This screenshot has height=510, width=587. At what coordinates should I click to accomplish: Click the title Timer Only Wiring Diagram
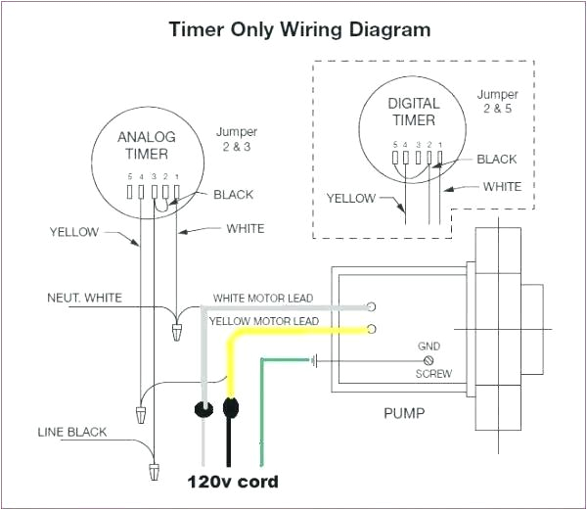(x=299, y=28)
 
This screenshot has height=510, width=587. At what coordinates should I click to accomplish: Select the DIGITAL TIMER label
(x=413, y=111)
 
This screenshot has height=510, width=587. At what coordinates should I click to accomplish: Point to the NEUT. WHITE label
(x=85, y=297)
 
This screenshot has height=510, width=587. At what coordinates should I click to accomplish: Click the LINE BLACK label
(x=71, y=432)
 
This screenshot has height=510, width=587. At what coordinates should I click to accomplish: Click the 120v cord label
(x=233, y=482)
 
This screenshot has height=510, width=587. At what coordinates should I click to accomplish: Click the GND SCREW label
(x=429, y=360)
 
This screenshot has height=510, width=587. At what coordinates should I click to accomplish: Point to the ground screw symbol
(x=429, y=360)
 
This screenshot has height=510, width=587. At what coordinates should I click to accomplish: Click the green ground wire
(x=261, y=411)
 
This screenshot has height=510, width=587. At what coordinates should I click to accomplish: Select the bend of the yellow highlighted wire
(x=235, y=338)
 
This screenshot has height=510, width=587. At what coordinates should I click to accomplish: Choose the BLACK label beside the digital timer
(x=498, y=159)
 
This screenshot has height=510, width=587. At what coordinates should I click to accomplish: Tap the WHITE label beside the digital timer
(x=502, y=186)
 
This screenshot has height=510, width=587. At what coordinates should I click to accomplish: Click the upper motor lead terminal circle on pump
(x=372, y=305)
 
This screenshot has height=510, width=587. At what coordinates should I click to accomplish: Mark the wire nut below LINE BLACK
(x=155, y=473)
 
